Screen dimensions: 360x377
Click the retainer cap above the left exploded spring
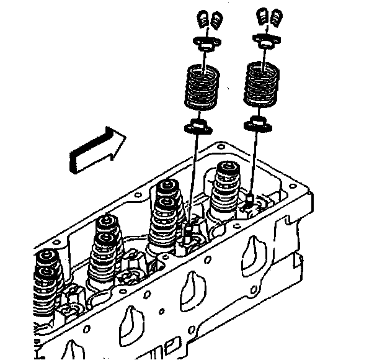pyautogui.click(x=205, y=45)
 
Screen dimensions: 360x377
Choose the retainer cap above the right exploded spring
pyautogui.click(x=264, y=42)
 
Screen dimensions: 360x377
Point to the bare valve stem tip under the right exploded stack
pyautogui.click(x=249, y=199)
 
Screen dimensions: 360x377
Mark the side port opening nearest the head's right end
pyautogui.click(x=251, y=254)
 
